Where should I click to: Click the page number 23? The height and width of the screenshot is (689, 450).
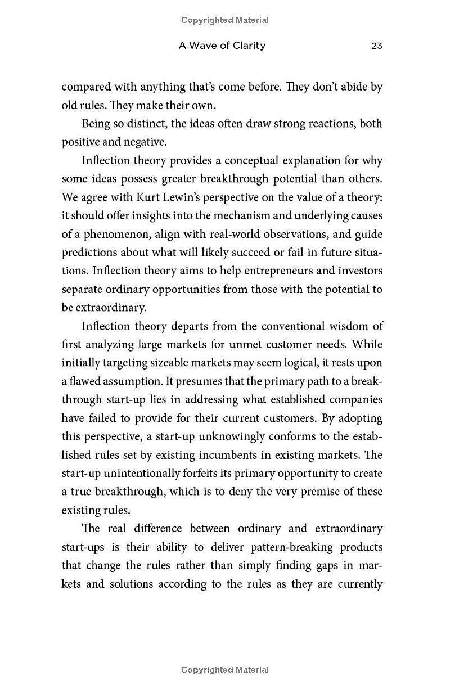(376, 46)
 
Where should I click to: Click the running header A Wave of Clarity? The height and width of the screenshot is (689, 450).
(222, 46)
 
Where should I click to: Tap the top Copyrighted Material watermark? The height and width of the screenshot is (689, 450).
(225, 20)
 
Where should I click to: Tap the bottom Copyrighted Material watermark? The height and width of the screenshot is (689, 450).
(225, 670)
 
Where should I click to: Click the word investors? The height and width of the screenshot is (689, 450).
(360, 271)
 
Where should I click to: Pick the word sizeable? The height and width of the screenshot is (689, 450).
(169, 363)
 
